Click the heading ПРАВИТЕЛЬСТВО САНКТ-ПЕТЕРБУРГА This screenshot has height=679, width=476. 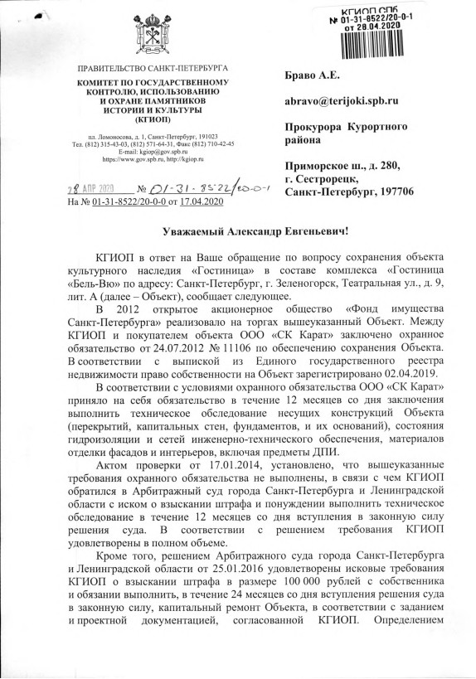click(x=157, y=66)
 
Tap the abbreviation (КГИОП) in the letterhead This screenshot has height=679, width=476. click(x=157, y=119)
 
